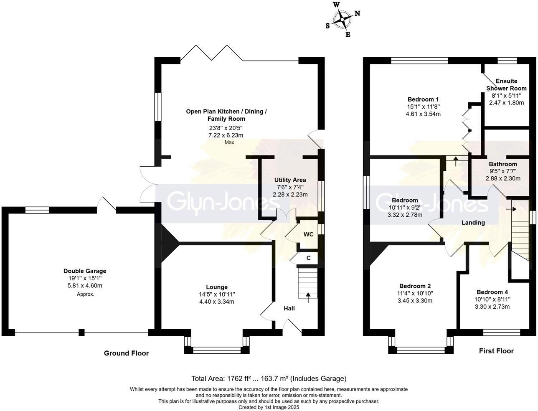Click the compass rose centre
(x=342, y=19)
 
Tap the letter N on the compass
(x=358, y=13)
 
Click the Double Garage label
(x=85, y=271)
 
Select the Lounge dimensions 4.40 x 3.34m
(x=217, y=302)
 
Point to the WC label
(x=308, y=234)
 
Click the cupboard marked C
(x=309, y=258)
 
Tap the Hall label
(x=289, y=308)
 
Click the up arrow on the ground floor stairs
(x=308, y=297)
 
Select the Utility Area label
(x=290, y=180)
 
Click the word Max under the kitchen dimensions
(x=229, y=142)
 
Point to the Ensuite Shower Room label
(x=506, y=84)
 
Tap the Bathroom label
(x=503, y=164)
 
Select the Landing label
(x=473, y=223)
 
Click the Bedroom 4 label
(x=492, y=292)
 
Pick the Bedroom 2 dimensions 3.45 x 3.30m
(x=415, y=300)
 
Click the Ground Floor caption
(x=126, y=353)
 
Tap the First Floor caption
(x=496, y=351)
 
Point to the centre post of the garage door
(x=81, y=332)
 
